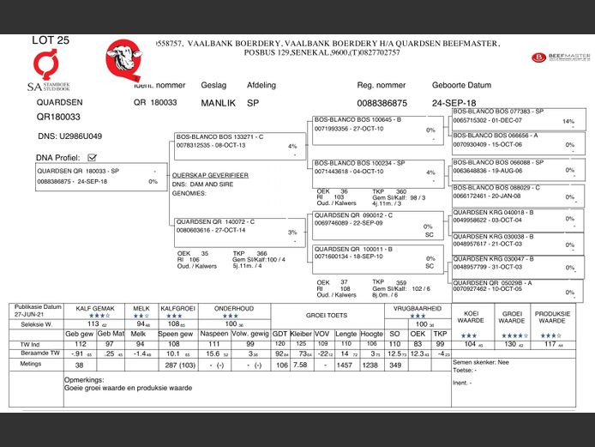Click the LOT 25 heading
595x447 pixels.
[51, 40]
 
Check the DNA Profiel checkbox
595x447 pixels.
[92, 158]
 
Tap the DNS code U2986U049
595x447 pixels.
[69, 136]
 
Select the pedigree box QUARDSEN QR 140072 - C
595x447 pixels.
[237, 227]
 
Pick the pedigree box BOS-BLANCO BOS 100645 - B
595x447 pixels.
[376, 124]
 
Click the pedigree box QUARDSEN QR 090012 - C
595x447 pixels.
[376, 220]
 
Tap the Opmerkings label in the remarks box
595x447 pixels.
[85, 378]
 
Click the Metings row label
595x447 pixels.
[32, 364]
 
